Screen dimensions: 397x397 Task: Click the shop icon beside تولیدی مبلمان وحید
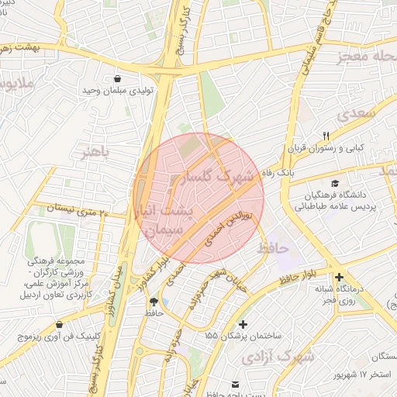click(117, 79)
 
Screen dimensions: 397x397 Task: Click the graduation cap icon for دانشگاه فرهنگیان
click(334, 184)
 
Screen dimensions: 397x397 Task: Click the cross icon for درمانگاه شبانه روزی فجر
click(339, 277)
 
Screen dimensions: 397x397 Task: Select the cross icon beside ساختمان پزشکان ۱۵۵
click(244, 323)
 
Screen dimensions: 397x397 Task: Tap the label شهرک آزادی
click(277, 357)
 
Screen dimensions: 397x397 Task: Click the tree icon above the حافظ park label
click(154, 302)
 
